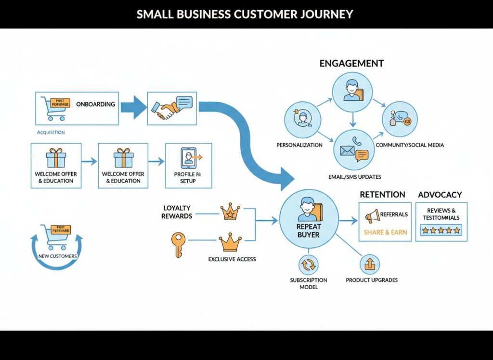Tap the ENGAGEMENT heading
coord(351,64)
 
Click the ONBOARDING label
coord(95,104)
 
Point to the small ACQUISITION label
coord(51,132)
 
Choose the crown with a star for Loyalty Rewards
coord(230,213)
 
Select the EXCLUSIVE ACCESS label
coord(232,259)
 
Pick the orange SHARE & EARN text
coord(385,232)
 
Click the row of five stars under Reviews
coord(441,231)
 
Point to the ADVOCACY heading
coord(440,195)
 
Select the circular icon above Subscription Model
coord(308,265)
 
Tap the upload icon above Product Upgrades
coord(370,264)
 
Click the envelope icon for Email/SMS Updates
coord(347,151)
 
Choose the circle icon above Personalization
coord(302,119)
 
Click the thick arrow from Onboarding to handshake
coord(133,107)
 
